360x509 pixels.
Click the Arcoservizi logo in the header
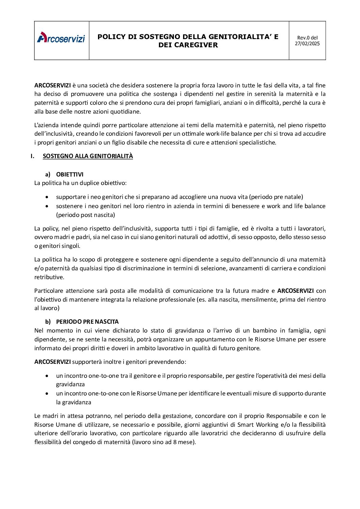(61, 38)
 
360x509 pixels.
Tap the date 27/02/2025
(307, 44)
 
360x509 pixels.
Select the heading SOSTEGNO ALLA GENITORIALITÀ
(88, 156)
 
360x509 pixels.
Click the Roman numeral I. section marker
(32, 156)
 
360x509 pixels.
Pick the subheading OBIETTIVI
(70, 174)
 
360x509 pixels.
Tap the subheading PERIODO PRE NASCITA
(87, 322)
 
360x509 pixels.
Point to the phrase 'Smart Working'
(258, 424)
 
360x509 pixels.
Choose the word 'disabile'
(136, 142)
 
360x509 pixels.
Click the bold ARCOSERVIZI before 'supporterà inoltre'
(52, 362)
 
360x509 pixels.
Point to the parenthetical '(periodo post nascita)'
(85, 215)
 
